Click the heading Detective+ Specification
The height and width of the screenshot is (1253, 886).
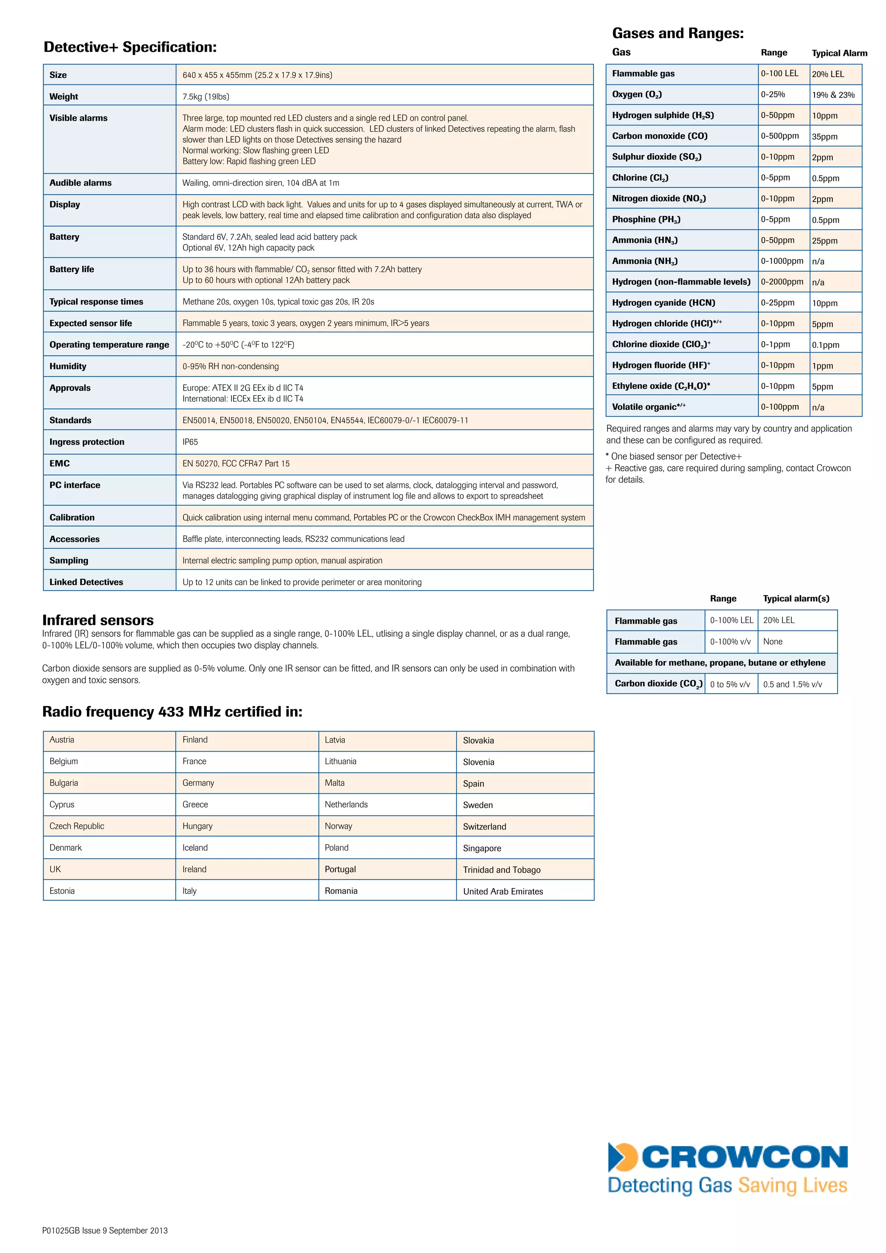tap(130, 48)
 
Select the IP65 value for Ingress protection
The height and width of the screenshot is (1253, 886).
tap(190, 442)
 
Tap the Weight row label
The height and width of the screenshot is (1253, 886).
tap(64, 96)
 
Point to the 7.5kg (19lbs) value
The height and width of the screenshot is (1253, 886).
tap(205, 96)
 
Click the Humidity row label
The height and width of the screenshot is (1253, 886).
tap(67, 366)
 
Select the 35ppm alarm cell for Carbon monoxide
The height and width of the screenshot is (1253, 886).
tap(824, 136)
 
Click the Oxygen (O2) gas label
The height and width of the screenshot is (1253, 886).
tap(637, 94)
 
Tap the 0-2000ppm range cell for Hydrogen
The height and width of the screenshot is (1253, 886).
tap(782, 282)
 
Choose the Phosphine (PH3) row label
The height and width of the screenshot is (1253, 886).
tap(646, 219)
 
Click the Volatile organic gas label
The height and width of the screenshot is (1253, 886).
tap(648, 407)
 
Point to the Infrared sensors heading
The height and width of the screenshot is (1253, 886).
tap(98, 620)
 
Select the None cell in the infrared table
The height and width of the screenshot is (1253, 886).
tap(773, 642)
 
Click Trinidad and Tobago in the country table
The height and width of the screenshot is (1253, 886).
tap(501, 870)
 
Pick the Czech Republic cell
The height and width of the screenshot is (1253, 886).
tap(77, 826)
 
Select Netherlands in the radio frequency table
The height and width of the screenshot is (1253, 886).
tap(346, 804)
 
